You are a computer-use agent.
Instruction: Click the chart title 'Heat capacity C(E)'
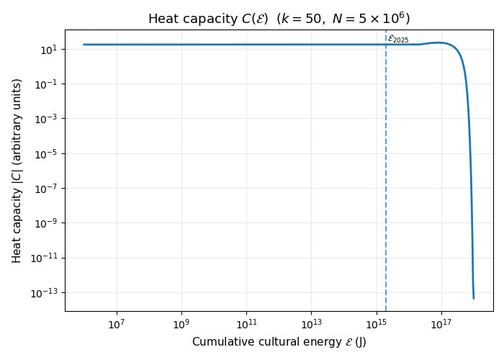coord(279,19)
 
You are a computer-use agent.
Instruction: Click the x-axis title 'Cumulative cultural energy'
coord(279,341)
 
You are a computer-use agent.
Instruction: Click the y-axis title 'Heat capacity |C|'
coord(17,171)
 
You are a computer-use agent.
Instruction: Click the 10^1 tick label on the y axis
coord(48,50)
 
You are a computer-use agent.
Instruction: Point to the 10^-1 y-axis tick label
coord(46,84)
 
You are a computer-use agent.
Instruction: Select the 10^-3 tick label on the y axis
coord(46,119)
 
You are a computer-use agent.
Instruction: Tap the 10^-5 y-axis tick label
coord(46,153)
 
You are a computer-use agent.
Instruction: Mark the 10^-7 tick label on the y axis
coord(46,189)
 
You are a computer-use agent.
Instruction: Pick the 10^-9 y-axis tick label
coord(46,223)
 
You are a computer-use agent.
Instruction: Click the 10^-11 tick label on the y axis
coord(45,258)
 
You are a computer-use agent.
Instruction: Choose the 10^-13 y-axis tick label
coord(45,292)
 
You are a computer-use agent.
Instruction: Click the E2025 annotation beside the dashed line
coord(398,39)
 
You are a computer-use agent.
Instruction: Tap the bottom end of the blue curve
coord(474,298)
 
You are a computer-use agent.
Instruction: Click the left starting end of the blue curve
coord(84,45)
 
